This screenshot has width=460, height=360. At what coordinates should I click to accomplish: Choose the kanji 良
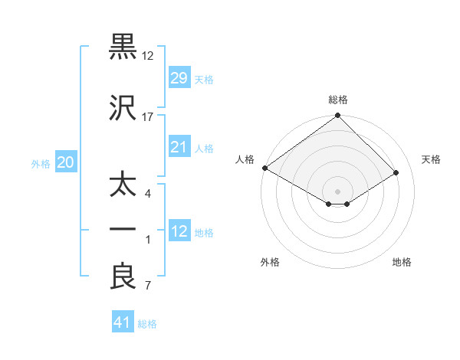pos(123,277)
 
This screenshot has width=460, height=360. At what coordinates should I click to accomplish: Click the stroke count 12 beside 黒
pos(148,56)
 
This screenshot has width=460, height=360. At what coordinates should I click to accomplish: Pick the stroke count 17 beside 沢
pos(148,117)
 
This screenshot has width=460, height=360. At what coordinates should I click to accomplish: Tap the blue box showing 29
pos(179,78)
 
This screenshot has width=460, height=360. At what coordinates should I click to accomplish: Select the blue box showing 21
pos(179,147)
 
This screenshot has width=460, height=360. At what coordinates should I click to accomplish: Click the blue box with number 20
pos(65,162)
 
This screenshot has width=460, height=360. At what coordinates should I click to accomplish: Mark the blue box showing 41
pos(123,323)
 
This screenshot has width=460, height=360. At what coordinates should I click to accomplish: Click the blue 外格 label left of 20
pos(41,163)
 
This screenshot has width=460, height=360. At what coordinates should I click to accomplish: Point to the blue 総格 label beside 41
pos(147,324)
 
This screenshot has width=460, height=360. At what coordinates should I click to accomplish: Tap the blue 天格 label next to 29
pos(204,79)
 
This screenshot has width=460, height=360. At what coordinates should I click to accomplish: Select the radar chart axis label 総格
pos(338,100)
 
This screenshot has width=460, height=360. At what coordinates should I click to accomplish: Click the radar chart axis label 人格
pos(245,159)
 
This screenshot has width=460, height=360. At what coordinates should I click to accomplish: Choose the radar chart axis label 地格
pos(402,262)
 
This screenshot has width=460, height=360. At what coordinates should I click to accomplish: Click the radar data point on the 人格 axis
pos(264,168)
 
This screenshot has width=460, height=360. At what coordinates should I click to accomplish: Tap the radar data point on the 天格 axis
pos(396,173)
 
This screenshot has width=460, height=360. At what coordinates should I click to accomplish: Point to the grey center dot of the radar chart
pos(337,190)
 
